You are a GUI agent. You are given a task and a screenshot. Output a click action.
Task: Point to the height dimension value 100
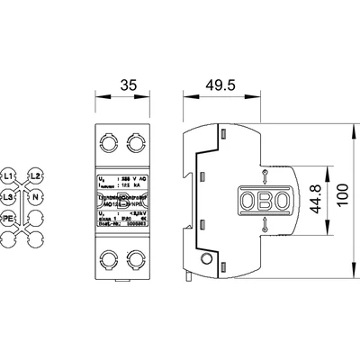click(x=342, y=199)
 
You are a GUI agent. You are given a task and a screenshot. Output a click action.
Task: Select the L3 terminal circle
click(x=9, y=195)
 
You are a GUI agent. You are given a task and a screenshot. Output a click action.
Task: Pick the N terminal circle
click(x=36, y=195)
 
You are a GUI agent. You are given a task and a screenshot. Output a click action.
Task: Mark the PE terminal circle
click(x=9, y=218)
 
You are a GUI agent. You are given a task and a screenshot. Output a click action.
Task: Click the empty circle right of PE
click(x=36, y=218)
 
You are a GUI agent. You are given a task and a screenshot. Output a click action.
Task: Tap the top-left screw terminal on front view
click(x=112, y=140)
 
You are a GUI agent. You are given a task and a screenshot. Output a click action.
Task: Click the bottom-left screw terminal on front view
click(x=112, y=260)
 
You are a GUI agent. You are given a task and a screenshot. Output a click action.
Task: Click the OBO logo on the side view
click(x=263, y=200)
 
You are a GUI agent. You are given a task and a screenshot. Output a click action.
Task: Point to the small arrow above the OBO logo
click(x=263, y=175)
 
